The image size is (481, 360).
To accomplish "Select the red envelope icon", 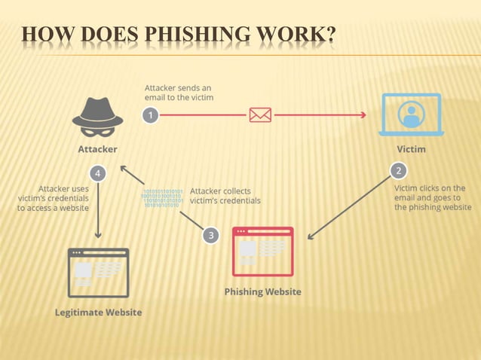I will click(260, 115).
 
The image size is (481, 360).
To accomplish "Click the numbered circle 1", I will click(152, 115).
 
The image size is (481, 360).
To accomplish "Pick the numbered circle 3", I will click(211, 235).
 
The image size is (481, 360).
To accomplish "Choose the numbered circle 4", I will click(97, 172).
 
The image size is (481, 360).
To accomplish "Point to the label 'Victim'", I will click(411, 149).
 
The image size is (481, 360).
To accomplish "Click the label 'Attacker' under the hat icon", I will click(97, 149).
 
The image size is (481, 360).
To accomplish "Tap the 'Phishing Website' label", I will click(262, 291).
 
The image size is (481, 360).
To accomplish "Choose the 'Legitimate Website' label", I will click(98, 312).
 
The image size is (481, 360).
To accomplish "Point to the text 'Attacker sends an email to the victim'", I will click(179, 93).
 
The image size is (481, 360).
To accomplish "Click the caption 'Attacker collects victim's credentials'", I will click(225, 196).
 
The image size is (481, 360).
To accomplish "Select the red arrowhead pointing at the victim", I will click(363, 115).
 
